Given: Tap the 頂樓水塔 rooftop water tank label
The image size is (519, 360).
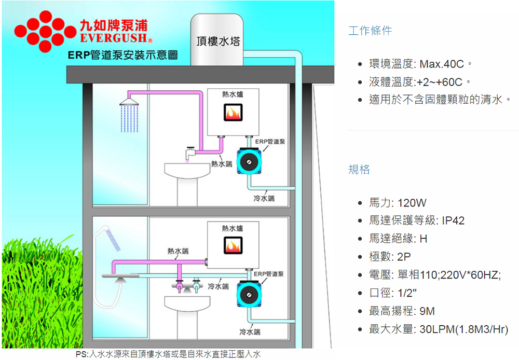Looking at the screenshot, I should coord(217,41).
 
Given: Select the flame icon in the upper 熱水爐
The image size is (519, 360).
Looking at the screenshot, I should coord(233,113).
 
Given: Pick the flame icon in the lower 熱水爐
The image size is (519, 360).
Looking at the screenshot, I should coord(233,245).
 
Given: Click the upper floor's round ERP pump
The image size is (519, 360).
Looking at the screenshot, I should coord(249,161).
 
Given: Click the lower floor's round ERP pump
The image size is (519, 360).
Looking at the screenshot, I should coord(249,293).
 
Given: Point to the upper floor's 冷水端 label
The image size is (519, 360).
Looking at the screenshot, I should coord(264,199).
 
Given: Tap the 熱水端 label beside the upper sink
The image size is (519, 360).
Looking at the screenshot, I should coord(221,164).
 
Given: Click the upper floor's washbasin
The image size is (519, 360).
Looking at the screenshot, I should coord(185,170).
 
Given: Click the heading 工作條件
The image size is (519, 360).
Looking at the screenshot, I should coord(370,31).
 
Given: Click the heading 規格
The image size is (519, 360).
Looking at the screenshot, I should coord(359,170).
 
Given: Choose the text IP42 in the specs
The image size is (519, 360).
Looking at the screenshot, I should coord(453,221).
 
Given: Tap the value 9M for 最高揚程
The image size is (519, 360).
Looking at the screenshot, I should coord(427,311).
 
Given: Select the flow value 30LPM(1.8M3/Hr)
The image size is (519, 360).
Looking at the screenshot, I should coord(464,329).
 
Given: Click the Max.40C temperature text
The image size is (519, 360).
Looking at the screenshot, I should coord(441,64).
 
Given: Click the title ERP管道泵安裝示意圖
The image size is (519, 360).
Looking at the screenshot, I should coord(122,54).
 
